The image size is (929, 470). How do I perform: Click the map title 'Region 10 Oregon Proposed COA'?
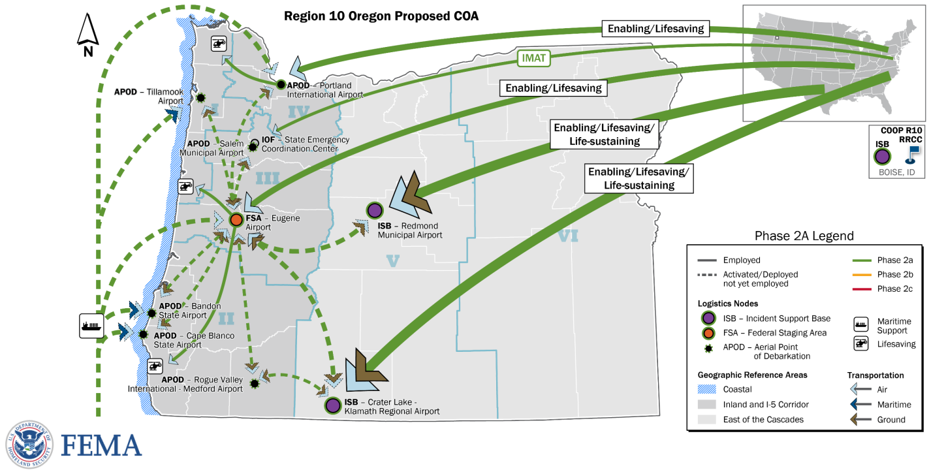(381, 16)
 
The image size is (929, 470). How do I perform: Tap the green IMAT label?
(533, 58)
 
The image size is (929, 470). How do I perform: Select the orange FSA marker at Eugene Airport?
(236, 220)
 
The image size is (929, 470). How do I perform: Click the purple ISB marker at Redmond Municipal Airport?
(374, 210)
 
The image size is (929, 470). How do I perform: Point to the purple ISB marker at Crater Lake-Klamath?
(332, 405)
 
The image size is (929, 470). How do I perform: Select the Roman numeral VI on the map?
(568, 237)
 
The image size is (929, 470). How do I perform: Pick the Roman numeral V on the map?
(392, 261)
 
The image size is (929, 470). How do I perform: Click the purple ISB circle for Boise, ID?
(883, 156)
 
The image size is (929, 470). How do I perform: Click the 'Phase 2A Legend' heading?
(804, 236)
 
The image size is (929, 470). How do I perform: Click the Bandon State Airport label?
(189, 311)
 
